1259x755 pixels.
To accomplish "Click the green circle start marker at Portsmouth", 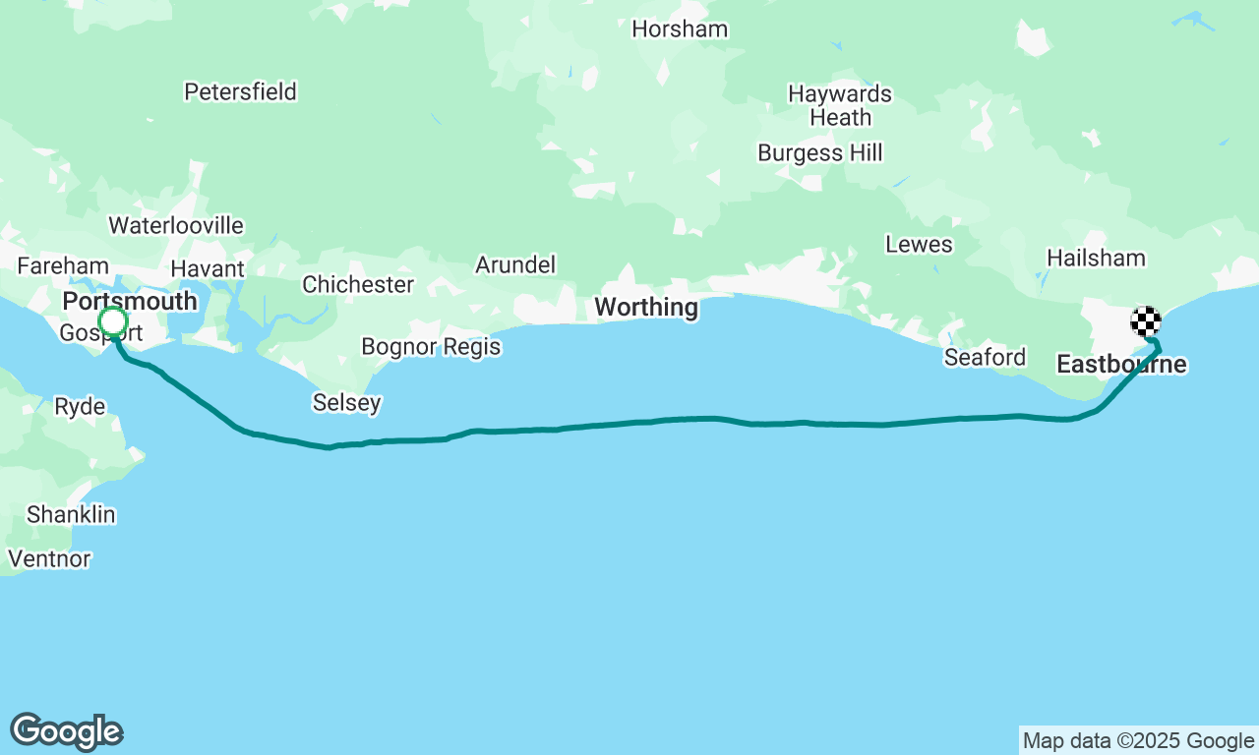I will click(113, 321).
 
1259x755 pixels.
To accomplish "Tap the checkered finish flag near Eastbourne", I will click(1146, 321).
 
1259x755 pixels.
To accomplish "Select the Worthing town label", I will click(646, 308).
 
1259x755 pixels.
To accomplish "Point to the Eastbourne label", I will click(1121, 365).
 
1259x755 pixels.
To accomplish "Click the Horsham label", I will click(680, 29).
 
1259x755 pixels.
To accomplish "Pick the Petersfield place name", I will click(240, 92).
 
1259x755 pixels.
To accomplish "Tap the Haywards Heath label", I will click(840, 106).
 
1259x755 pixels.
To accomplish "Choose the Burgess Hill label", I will click(820, 153).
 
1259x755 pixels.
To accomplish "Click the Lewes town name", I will click(919, 245).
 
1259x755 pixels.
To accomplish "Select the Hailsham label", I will click(1096, 259).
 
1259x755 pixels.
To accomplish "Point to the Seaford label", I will click(985, 357).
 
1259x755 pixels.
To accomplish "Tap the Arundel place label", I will click(515, 264).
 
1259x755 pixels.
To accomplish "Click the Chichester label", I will click(358, 285).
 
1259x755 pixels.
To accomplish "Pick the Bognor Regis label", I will click(431, 347).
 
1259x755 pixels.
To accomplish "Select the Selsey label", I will click(346, 403).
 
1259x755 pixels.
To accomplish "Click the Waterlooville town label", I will click(176, 225).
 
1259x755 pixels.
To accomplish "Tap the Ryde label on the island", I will click(80, 407).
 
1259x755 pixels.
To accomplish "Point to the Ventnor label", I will click(49, 559).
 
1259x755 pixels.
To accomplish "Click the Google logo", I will click(67, 731).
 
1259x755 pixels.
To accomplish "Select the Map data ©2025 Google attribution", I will click(1138, 741).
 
